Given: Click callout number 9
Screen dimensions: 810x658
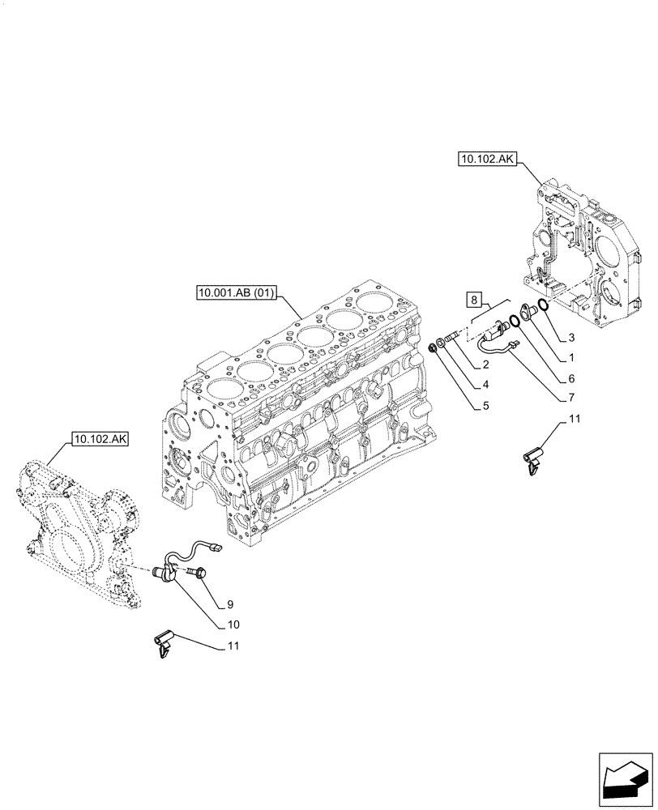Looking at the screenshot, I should pos(230,604).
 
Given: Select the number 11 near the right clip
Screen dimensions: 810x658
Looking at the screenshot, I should pos(575,418).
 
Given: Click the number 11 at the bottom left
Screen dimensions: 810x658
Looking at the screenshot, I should pos(233,646).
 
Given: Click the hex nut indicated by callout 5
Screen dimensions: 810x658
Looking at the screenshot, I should pos(434,347).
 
